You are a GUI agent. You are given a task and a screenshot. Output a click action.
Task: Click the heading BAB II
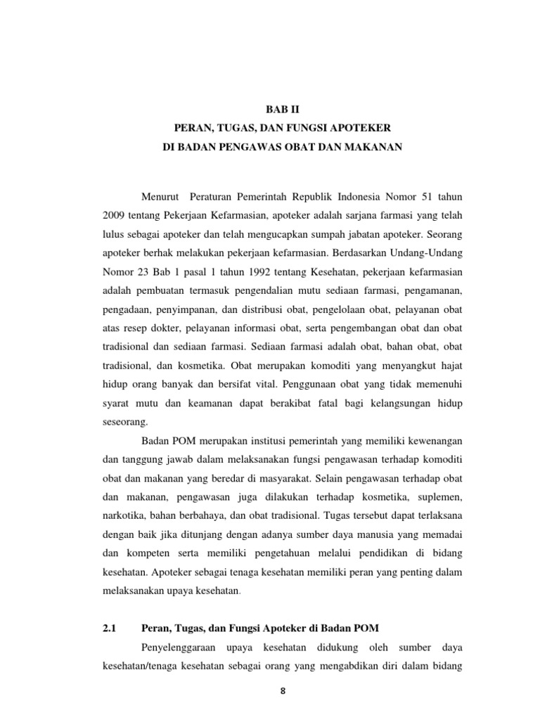[x=281, y=109]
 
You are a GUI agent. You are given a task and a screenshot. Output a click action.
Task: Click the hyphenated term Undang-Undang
[x=427, y=252]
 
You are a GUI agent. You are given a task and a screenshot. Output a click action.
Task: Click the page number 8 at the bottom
[x=282, y=691]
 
